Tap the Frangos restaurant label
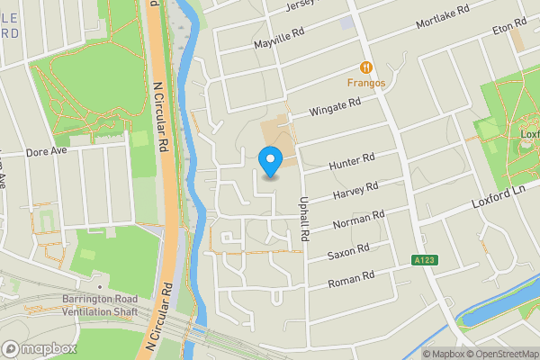[x=367, y=84]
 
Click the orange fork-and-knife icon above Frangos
[x=366, y=67]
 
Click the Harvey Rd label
[x=355, y=191]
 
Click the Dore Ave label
[x=47, y=152]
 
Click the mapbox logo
[x=39, y=348]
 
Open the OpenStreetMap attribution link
[x=499, y=354]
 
